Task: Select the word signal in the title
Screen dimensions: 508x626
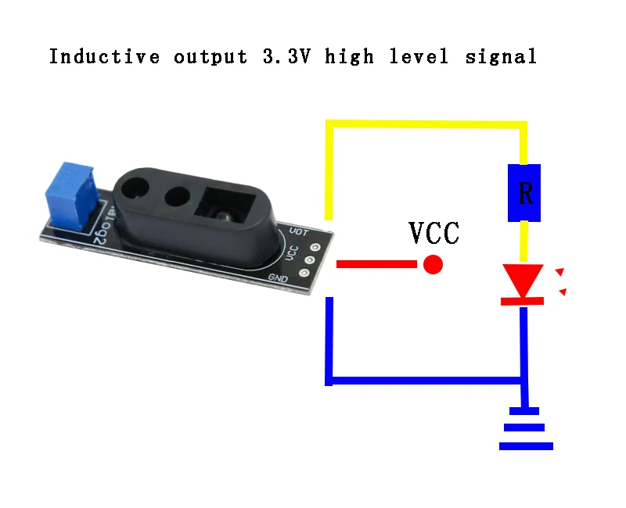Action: coord(501,56)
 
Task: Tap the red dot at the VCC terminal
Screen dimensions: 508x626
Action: coord(433,265)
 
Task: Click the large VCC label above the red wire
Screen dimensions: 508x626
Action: coord(435,233)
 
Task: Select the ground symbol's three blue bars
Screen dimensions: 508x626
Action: coord(525,428)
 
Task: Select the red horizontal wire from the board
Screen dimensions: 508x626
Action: coord(376,265)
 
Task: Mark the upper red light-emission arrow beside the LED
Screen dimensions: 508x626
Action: coord(559,272)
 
